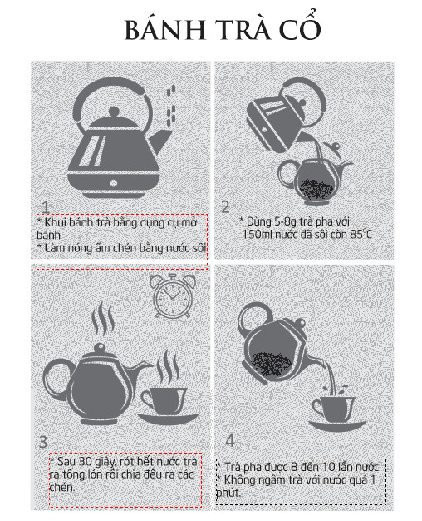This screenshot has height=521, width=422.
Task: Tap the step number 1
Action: pyautogui.click(x=46, y=207)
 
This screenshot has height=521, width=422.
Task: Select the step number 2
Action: pyautogui.click(x=225, y=206)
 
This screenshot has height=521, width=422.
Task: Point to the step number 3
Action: pyautogui.click(x=43, y=442)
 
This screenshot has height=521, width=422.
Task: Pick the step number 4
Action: pyautogui.click(x=230, y=440)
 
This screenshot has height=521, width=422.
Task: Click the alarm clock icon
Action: pyautogui.click(x=172, y=295)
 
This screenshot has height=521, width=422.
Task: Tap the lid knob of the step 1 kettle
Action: pyautogui.click(x=114, y=112)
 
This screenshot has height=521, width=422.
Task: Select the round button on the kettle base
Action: pyautogui.click(x=114, y=183)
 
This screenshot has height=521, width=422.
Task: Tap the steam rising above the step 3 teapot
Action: pyautogui.click(x=103, y=320)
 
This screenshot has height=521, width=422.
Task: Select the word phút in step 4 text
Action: pyautogui.click(x=228, y=493)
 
